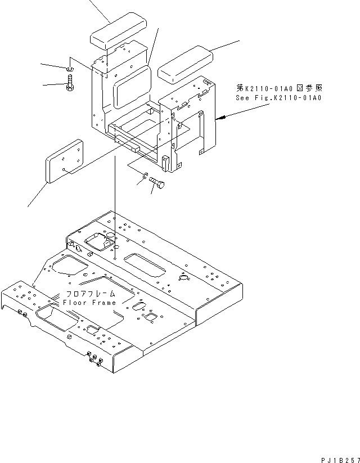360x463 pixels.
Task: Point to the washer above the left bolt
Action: tap(69, 70)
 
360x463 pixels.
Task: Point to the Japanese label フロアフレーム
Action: tap(91, 294)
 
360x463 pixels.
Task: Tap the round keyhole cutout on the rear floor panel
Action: tap(183, 278)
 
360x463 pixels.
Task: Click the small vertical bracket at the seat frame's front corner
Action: tap(165, 164)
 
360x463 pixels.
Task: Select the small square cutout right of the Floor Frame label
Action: tap(150, 317)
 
